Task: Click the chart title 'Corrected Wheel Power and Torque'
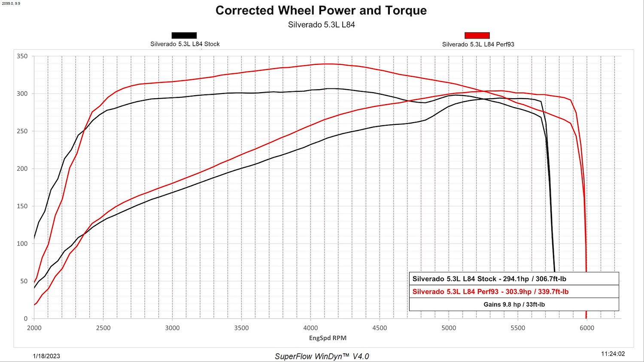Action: [321, 11]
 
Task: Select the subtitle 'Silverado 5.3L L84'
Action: [322, 25]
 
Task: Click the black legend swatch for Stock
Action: [184, 35]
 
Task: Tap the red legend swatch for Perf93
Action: [477, 35]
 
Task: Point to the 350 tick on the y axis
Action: [22, 56]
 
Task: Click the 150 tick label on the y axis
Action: [22, 206]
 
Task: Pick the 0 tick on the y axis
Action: [26, 318]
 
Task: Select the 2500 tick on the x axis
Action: [103, 328]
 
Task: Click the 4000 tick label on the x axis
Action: [310, 328]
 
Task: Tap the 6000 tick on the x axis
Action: [587, 328]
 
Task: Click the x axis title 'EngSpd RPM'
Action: [328, 338]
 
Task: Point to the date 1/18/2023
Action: [46, 356]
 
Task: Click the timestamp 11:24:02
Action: [613, 354]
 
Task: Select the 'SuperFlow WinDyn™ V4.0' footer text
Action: [322, 356]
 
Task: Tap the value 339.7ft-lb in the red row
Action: [553, 292]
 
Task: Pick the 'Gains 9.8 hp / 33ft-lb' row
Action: [514, 304]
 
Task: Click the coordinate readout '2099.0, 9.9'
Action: [11, 3]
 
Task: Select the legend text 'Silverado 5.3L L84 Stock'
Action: [185, 44]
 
